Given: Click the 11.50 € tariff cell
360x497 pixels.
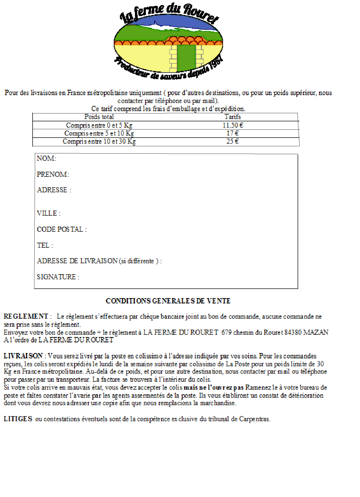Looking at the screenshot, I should tap(233, 125).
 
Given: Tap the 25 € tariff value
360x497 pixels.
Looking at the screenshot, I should tap(232, 141).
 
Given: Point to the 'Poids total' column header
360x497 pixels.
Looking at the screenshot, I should tap(99, 117).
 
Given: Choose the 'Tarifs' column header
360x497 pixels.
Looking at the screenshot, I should tap(232, 117).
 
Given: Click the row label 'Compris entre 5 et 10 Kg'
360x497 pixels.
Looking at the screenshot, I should tap(99, 133).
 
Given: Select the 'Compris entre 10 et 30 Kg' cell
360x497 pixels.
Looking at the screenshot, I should tap(99, 141).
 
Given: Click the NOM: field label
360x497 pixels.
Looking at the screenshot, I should tap(47, 158).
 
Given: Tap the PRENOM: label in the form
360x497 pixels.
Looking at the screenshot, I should tap(53, 174).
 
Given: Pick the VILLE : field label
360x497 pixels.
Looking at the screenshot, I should tap(49, 213).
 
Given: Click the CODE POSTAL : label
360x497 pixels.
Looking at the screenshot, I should tap(62, 229).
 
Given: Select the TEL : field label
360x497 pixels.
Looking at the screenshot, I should tap(45, 245).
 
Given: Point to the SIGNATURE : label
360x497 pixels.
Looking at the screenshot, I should tap(58, 277).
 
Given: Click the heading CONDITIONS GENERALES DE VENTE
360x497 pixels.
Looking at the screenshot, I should tap(168, 301).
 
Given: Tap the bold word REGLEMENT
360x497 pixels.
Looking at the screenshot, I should tap(26, 316).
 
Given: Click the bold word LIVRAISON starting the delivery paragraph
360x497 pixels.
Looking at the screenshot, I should tap(23, 356).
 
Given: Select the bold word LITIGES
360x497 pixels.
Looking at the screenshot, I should tap(18, 419).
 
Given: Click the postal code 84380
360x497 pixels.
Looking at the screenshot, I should tap(293, 332).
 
